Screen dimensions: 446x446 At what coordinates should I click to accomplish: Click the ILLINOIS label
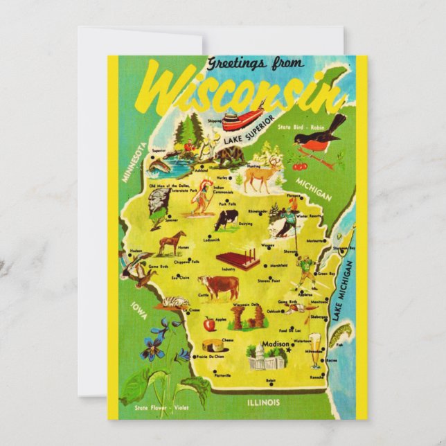[263, 402]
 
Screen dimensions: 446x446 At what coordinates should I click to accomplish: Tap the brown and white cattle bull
[218, 286]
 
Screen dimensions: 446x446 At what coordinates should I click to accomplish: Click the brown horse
[172, 242]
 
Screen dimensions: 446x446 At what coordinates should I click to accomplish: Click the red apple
[208, 323]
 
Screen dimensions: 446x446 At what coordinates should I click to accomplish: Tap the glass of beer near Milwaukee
[316, 349]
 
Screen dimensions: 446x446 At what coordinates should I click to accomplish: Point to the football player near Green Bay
[305, 271]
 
